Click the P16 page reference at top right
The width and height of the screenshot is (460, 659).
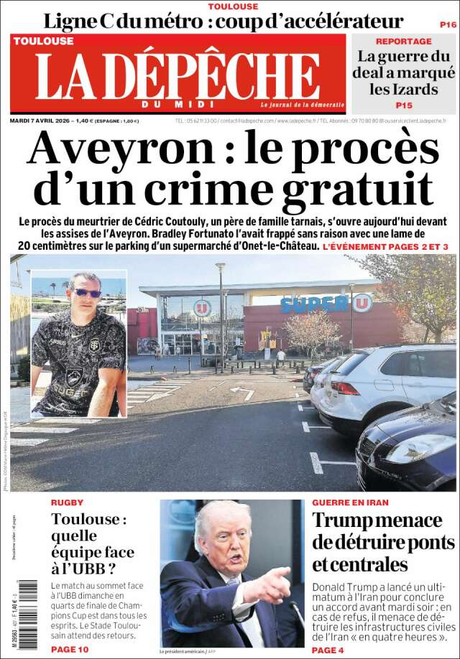[x=446, y=24]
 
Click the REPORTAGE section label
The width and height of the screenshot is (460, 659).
[x=403, y=41]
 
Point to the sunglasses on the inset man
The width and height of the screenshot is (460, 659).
[x=86, y=293]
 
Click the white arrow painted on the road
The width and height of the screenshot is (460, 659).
[x=241, y=392]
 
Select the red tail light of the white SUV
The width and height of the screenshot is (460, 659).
[x=344, y=388]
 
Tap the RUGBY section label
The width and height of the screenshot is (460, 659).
[x=67, y=503]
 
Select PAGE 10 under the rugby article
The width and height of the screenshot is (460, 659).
[x=70, y=649]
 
